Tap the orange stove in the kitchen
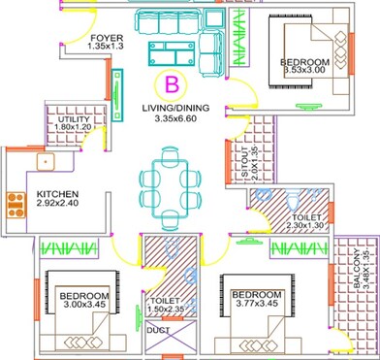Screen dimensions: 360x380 pos(16,203)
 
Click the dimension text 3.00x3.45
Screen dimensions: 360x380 pos(80,304)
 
